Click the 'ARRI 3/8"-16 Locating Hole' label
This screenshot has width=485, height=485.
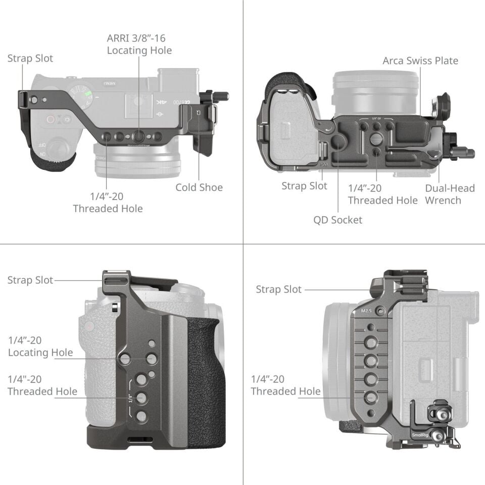point(139,44)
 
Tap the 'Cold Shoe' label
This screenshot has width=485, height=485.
point(199,187)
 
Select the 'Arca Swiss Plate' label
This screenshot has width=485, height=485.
point(420,61)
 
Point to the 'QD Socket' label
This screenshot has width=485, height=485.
point(337,220)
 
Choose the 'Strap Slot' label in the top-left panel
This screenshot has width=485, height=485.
point(30,58)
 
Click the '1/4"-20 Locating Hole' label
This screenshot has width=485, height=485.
point(40,346)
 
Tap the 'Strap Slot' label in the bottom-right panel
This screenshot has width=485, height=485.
point(278,289)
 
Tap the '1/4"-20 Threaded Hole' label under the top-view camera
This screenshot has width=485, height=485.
point(108,203)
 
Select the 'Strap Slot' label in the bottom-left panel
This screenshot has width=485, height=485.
point(30,280)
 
